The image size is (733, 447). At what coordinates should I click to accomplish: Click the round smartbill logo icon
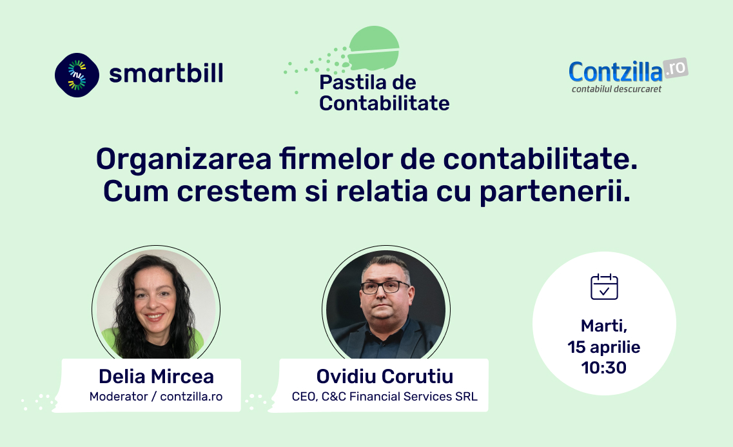pos(77,75)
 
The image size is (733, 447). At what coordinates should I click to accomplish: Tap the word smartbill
pos(166,73)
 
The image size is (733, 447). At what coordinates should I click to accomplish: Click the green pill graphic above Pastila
pos(373,48)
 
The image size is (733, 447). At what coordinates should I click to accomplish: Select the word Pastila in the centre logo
pos(350,83)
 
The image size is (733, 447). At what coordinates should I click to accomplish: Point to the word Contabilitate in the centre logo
pos(384,103)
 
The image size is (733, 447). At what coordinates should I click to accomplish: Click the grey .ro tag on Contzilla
pos(676,69)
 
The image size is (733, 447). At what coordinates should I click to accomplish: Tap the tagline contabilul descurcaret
pos(616,89)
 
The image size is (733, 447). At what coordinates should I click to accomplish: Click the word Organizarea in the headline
pos(184,160)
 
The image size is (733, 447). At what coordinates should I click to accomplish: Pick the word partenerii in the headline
pos(555,192)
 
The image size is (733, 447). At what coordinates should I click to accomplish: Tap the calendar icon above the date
pos(604,286)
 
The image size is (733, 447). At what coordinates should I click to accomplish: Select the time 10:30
pos(604,368)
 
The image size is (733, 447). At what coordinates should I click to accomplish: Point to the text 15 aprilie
pos(604,347)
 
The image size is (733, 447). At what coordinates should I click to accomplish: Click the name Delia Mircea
pos(156,377)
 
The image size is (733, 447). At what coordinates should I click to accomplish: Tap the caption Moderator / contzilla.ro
pos(156,397)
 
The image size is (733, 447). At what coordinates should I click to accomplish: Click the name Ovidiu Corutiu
pos(385,377)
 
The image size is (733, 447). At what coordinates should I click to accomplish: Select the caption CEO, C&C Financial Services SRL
pos(385,397)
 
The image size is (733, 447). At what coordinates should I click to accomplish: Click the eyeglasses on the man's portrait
pos(385,286)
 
